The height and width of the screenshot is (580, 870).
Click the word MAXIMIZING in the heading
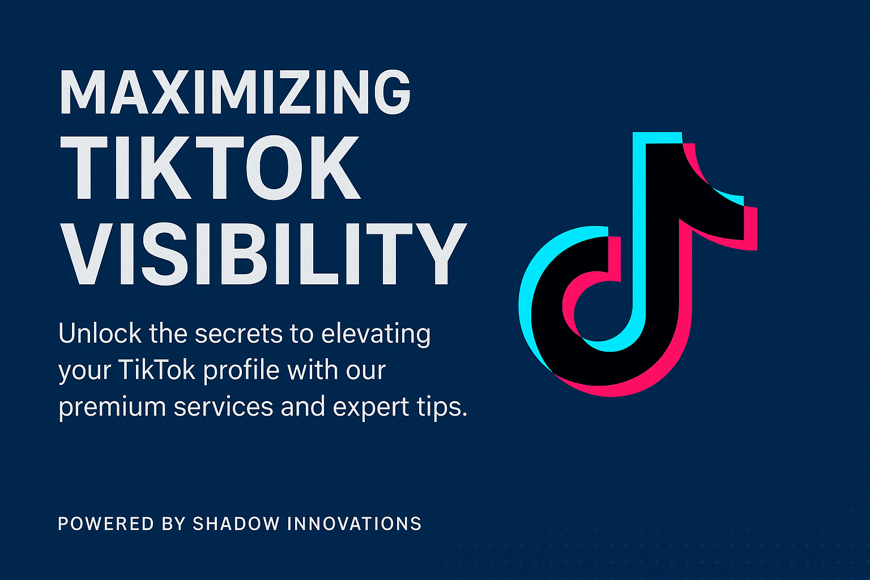tap(234, 92)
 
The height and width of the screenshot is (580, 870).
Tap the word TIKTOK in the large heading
tap(210, 169)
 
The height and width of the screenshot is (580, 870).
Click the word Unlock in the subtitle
tap(100, 334)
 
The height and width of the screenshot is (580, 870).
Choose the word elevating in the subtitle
tap(376, 335)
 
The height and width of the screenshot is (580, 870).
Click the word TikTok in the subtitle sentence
tap(157, 370)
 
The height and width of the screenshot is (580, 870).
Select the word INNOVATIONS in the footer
tap(355, 523)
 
